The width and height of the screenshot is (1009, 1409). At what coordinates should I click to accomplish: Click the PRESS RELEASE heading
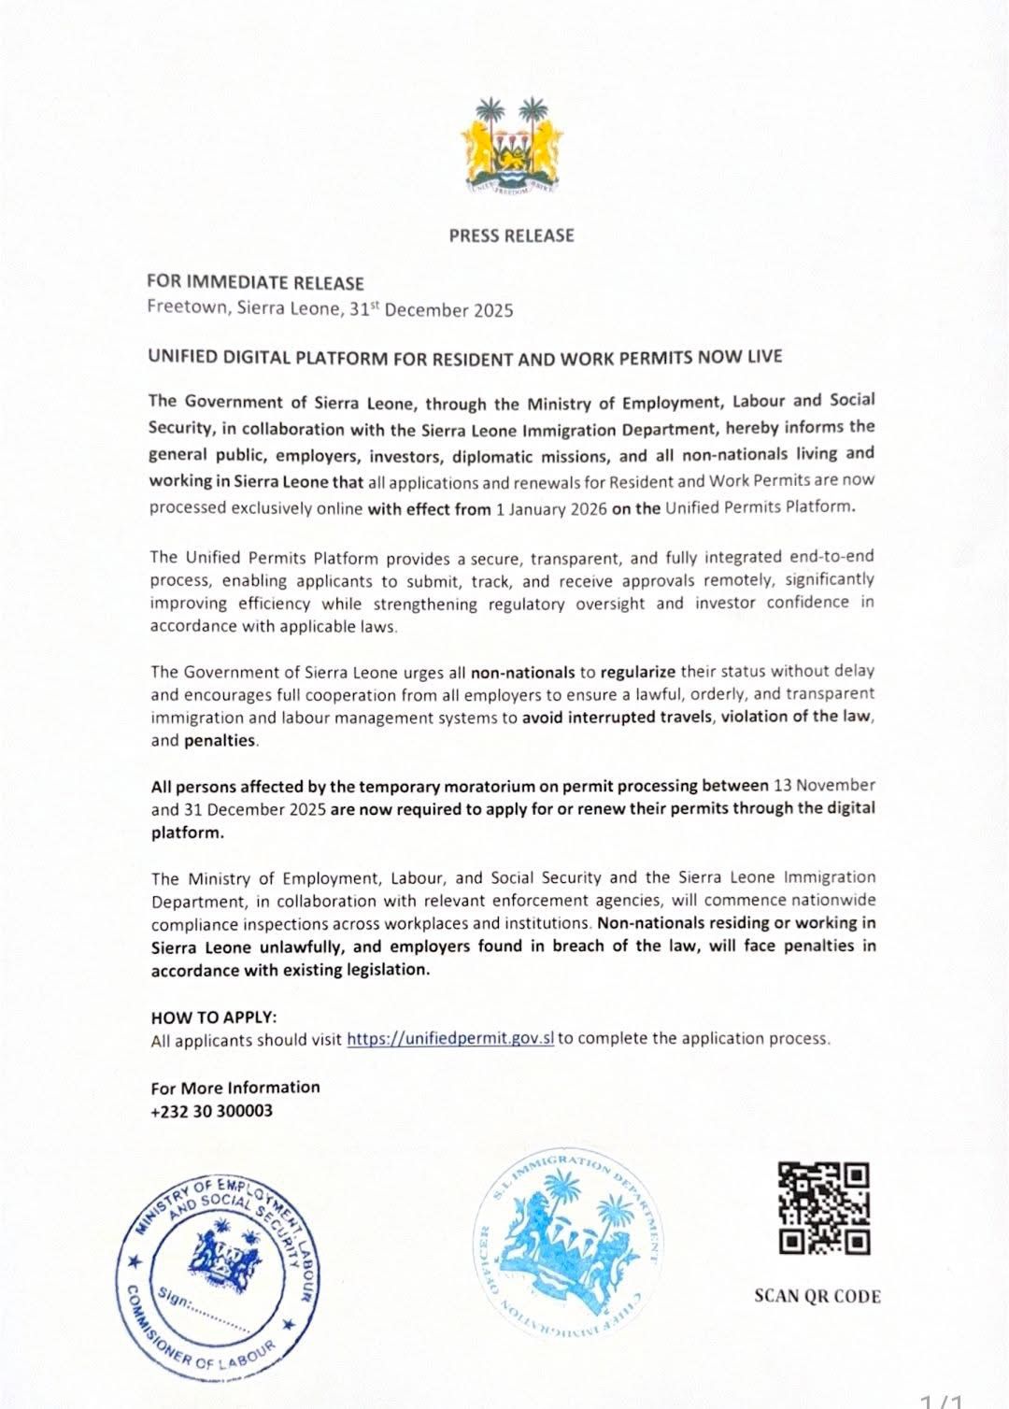tap(511, 235)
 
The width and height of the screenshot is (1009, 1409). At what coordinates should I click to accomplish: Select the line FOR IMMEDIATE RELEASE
tap(255, 282)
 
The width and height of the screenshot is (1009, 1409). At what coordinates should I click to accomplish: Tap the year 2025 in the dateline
tap(493, 310)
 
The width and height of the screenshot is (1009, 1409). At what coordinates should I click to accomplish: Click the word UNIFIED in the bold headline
tap(182, 358)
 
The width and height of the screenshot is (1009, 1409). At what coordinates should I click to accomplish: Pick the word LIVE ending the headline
tap(763, 357)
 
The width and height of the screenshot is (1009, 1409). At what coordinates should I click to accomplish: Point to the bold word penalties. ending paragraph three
tap(220, 740)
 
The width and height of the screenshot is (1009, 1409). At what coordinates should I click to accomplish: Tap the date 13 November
tap(823, 786)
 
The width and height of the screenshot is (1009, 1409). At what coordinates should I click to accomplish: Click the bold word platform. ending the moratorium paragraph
tap(187, 833)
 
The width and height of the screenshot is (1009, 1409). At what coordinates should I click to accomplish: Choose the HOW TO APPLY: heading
tap(214, 1017)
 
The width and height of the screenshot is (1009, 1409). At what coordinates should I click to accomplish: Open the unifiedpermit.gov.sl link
tap(450, 1038)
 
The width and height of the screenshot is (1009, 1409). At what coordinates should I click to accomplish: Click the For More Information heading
tap(235, 1088)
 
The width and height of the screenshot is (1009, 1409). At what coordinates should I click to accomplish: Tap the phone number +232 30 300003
tap(212, 1111)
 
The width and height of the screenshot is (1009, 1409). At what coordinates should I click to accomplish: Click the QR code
tap(824, 1207)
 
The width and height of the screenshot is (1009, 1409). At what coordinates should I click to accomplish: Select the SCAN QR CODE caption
tap(817, 1296)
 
